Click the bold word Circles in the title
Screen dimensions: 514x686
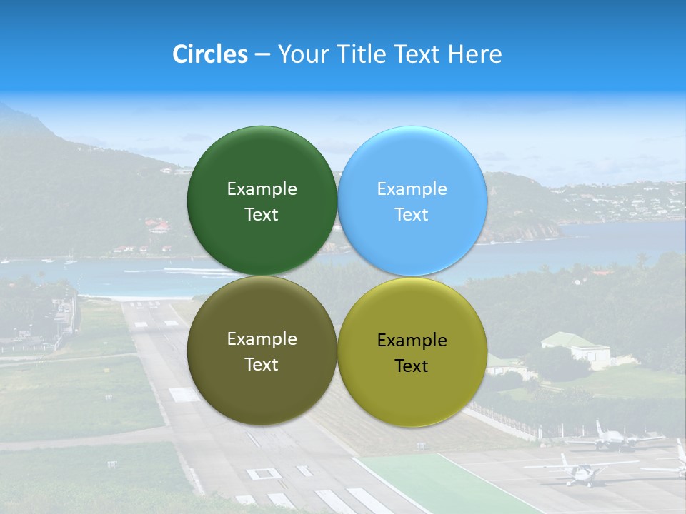tap(210, 54)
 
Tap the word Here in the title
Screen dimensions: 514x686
tap(475, 54)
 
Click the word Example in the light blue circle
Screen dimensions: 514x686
tap(412, 189)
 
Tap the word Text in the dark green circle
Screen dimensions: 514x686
tap(262, 215)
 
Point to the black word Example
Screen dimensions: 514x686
tap(412, 341)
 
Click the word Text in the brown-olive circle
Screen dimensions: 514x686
tap(262, 365)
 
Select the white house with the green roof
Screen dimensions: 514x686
tap(575, 348)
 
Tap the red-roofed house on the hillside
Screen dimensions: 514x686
tap(158, 226)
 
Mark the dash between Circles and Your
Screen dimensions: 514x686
tap(262, 55)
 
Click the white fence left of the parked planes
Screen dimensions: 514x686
tap(514, 421)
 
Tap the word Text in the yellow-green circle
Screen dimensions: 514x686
tap(412, 366)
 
